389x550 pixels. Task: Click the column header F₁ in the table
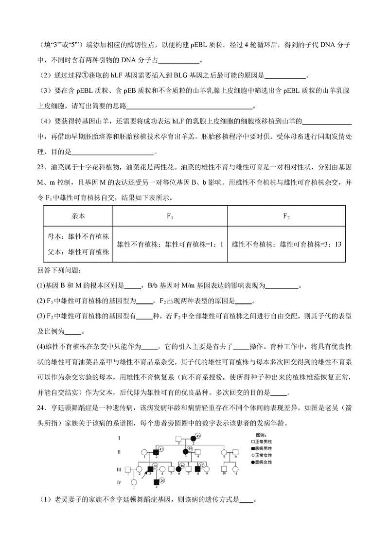(x=170, y=217)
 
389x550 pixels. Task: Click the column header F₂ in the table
(x=286, y=217)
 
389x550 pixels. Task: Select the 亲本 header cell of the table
(x=78, y=217)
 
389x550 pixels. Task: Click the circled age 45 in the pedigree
(x=198, y=436)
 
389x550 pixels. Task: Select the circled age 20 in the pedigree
(x=163, y=480)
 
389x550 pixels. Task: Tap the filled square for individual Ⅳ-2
(x=157, y=482)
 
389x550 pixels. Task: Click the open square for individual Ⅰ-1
(x=178, y=439)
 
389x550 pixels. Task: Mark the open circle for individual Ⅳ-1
(x=134, y=482)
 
